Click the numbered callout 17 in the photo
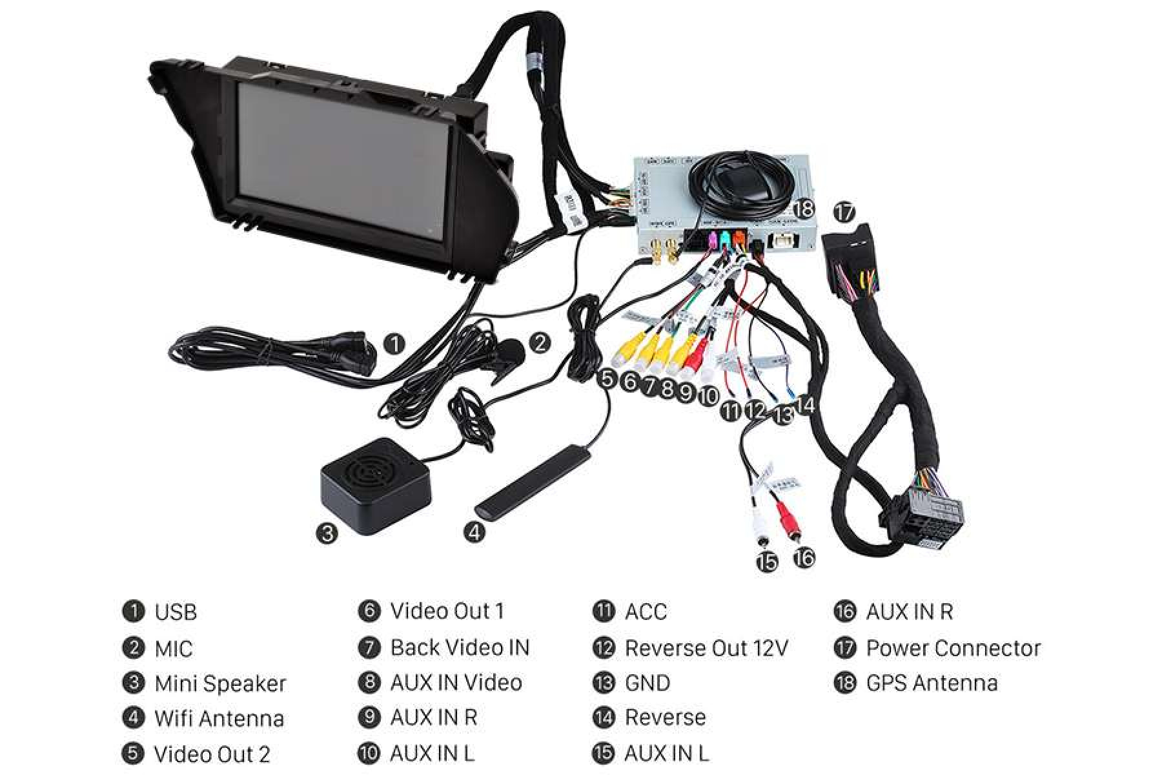click(x=844, y=211)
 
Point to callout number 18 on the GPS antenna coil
click(x=804, y=209)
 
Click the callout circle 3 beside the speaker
click(x=327, y=533)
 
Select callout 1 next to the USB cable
click(x=394, y=344)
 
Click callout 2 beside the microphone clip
click(x=540, y=342)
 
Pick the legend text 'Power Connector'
click(x=953, y=648)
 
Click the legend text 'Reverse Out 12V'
click(x=706, y=648)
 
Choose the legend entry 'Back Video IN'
click(x=460, y=648)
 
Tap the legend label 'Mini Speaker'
click(x=220, y=683)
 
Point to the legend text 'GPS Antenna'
click(x=932, y=683)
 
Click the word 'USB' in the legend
click(x=176, y=612)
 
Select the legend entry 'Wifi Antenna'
click(x=219, y=718)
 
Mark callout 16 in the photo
click(x=804, y=557)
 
